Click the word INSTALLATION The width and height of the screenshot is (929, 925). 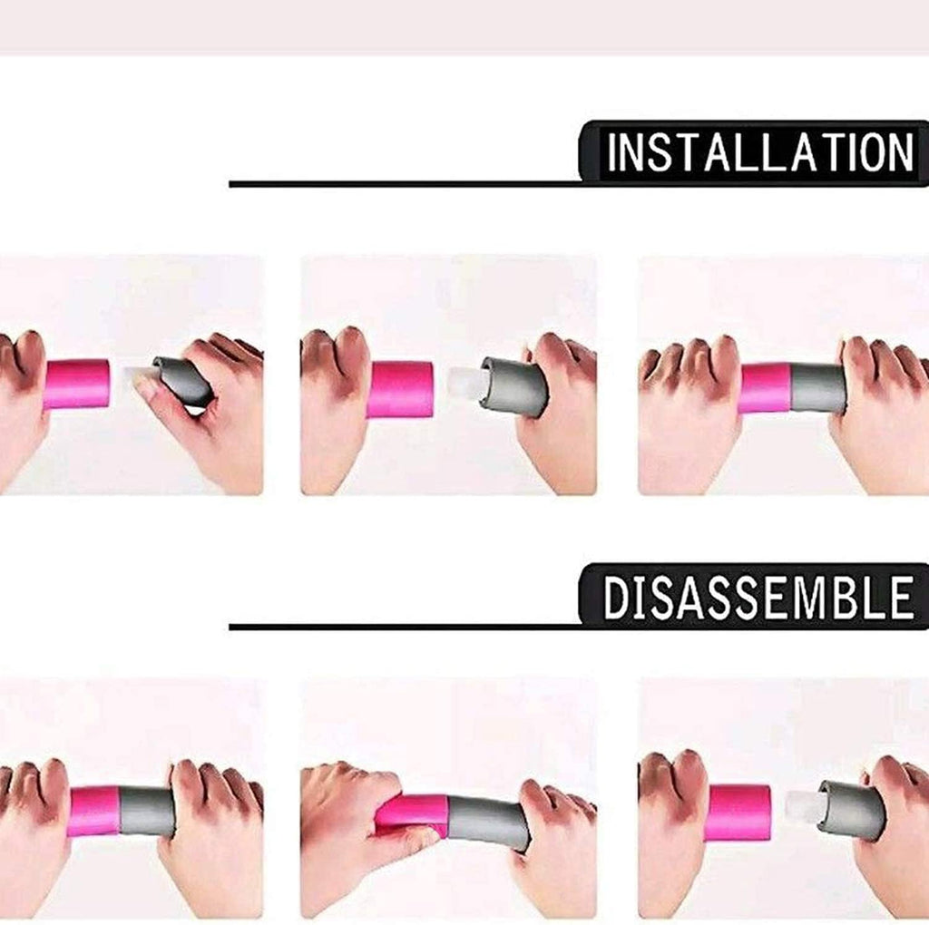tap(760, 152)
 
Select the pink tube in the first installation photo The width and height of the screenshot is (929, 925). tap(77, 385)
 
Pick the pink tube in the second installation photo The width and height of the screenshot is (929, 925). tap(400, 389)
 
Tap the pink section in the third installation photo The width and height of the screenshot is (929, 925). tap(766, 388)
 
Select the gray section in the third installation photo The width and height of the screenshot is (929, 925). tap(817, 388)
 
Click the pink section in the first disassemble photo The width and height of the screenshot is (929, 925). tap(94, 811)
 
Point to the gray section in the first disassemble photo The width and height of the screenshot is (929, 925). tap(147, 812)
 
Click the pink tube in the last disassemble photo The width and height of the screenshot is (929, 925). tap(738, 813)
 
